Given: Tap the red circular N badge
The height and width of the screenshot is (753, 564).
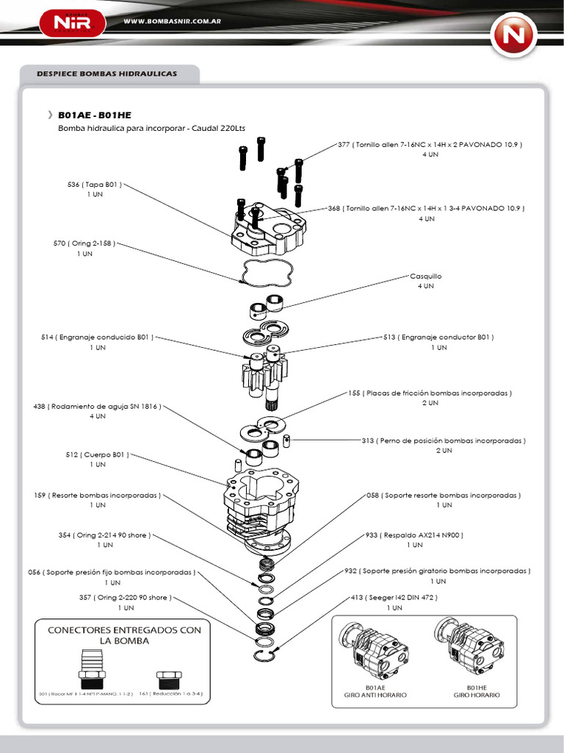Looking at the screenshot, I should coord(514,34).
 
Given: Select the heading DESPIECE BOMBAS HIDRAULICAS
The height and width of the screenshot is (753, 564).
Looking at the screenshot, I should coord(107,74).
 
